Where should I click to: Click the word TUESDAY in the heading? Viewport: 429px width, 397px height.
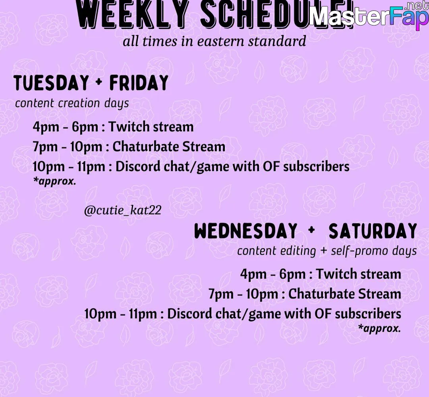click(51, 83)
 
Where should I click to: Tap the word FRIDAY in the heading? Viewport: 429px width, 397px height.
click(139, 83)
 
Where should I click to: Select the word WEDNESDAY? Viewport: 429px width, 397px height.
click(246, 230)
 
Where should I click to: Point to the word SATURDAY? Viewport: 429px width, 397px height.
click(373, 230)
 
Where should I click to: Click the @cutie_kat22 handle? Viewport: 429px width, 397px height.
click(123, 210)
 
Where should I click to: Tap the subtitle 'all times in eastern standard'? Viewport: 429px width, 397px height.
click(214, 41)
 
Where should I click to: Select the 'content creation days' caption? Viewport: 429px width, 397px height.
click(72, 103)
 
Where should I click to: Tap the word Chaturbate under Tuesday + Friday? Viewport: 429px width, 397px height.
click(145, 147)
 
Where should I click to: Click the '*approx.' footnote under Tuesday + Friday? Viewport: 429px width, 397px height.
click(54, 181)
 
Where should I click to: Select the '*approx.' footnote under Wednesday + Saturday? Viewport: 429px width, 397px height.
click(379, 328)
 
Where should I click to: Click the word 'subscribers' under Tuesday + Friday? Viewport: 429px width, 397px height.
click(316, 167)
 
